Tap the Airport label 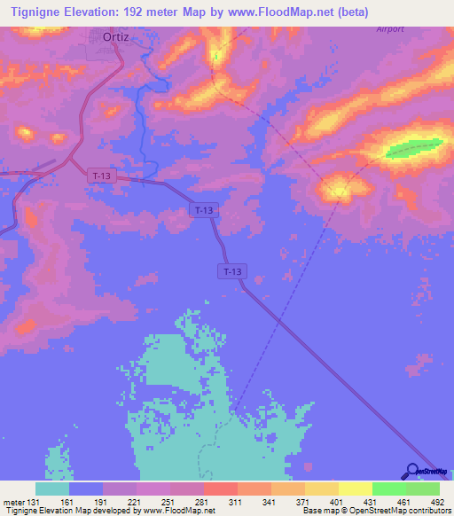[389, 28]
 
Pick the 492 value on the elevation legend [438, 501]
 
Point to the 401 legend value [339, 501]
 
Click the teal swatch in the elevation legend [52, 489]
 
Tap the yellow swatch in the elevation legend [355, 489]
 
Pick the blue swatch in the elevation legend [86, 489]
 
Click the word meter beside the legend [12, 501]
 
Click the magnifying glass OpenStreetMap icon [413, 472]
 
